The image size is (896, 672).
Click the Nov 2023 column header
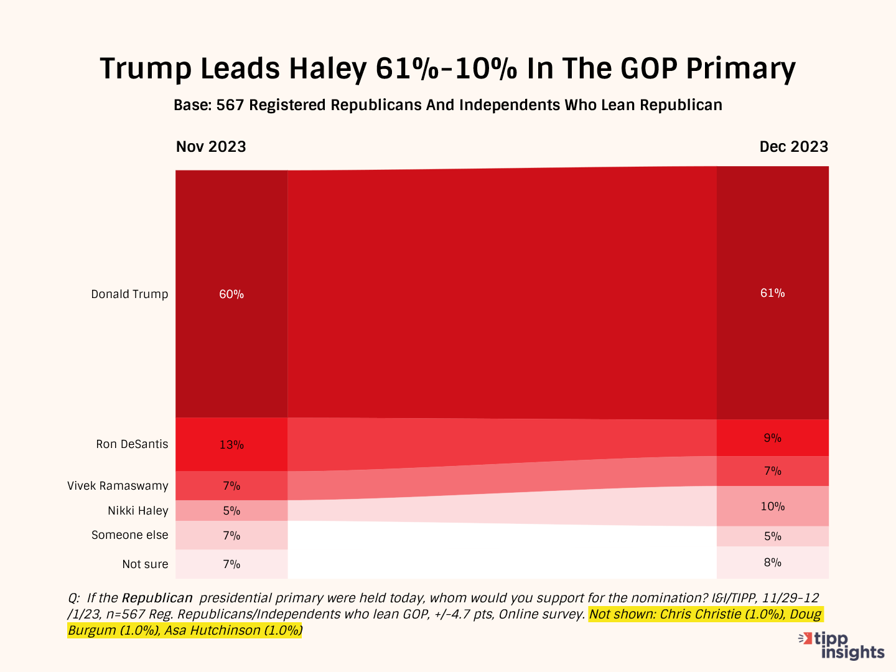click(211, 147)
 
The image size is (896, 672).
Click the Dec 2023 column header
click(793, 147)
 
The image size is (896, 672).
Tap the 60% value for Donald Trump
click(231, 294)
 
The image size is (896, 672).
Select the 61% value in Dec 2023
click(772, 293)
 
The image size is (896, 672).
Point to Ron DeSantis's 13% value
click(231, 445)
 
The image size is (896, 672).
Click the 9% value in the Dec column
click(772, 438)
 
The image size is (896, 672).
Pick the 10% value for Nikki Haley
click(772, 506)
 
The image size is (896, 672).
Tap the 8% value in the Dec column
click(772, 562)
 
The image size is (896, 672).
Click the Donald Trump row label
click(129, 294)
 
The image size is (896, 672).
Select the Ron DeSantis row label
click(132, 444)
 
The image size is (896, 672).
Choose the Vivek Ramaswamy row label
click(118, 486)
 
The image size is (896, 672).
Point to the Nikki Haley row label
click(138, 511)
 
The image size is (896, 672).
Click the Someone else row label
click(129, 535)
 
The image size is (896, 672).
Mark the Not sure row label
click(145, 564)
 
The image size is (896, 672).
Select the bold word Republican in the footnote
click(157, 599)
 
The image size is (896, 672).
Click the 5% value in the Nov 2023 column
click(231, 511)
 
